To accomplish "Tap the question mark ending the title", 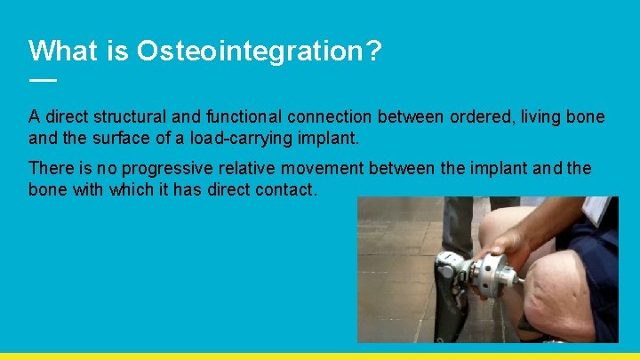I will [373, 51].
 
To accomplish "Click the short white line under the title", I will [42, 80].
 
